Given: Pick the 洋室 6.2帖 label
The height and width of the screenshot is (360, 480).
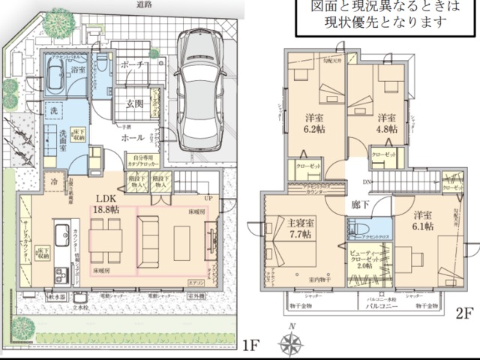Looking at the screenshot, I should click(x=314, y=124).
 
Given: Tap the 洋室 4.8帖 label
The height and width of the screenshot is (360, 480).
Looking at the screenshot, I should click(x=385, y=123).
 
